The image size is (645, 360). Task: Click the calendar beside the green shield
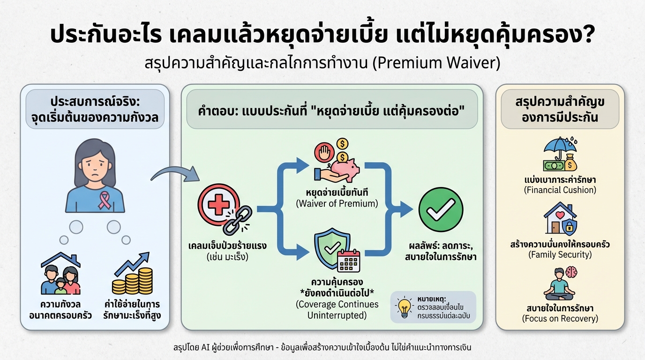coord(348,260)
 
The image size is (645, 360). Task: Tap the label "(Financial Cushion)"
coord(560,190)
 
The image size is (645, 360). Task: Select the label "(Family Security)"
coord(560,255)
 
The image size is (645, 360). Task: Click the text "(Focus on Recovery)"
coord(560,319)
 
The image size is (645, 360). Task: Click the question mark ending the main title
coord(589,35)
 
